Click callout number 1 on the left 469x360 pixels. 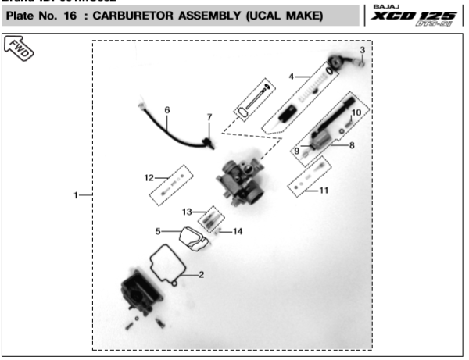coord(77,194)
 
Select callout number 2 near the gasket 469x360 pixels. coord(201,274)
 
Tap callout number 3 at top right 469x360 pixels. coord(362,51)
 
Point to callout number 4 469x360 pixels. coord(291,77)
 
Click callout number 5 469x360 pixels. coord(157,231)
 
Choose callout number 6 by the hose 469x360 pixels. coord(166,110)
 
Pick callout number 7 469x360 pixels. coord(209,117)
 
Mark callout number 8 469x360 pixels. coord(352,144)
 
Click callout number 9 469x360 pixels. coord(297,150)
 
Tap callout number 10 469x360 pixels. coord(356,112)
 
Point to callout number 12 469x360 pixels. coord(148,176)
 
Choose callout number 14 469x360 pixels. coord(238,231)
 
